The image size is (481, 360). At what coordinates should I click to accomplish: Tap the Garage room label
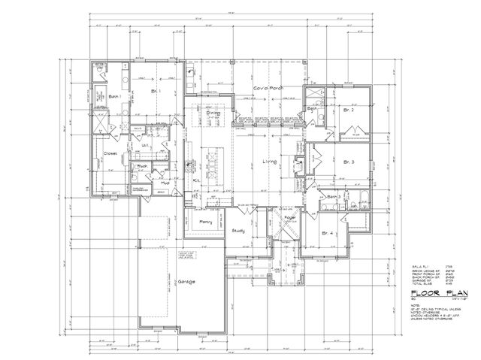(186, 282)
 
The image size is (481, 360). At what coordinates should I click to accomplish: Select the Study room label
(239, 231)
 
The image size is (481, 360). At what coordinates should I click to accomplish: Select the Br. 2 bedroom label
(349, 110)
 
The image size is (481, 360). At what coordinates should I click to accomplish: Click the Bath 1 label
(115, 97)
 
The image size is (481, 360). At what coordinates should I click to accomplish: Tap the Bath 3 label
(334, 197)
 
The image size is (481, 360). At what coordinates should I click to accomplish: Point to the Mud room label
(164, 182)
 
